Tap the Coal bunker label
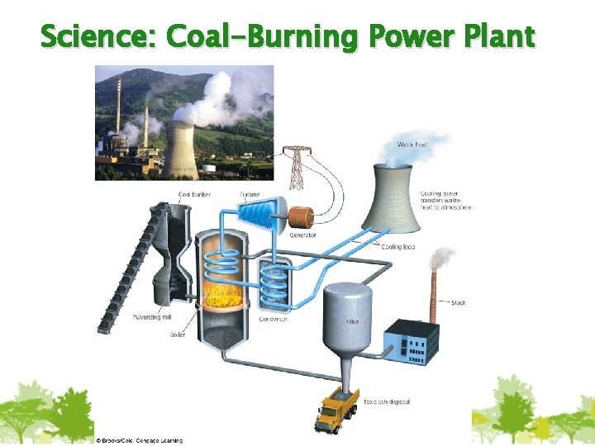194,195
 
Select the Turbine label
250,195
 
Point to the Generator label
302,235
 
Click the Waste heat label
412,145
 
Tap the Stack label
458,303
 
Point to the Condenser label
272,320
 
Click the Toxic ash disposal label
387,401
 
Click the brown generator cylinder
299,218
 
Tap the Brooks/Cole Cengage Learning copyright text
139,440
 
